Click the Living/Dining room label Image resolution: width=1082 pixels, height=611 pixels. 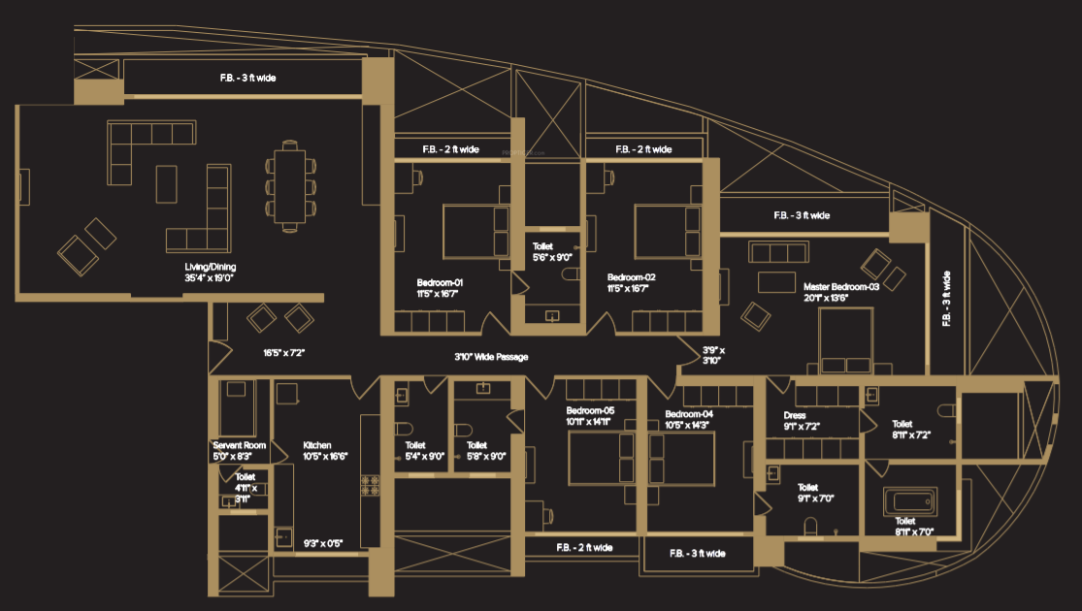pyautogui.click(x=211, y=273)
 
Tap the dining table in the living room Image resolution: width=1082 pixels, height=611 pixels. pyautogui.click(x=289, y=187)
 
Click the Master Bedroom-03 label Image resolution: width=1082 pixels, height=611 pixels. pyautogui.click(x=840, y=293)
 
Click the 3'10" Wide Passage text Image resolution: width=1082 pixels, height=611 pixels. pyautogui.click(x=491, y=358)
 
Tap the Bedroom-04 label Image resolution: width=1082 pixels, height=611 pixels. pyautogui.click(x=687, y=419)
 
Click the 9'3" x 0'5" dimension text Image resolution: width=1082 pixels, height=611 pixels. pyautogui.click(x=323, y=544)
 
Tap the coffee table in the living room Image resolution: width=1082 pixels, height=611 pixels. pyautogui.click(x=167, y=184)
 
